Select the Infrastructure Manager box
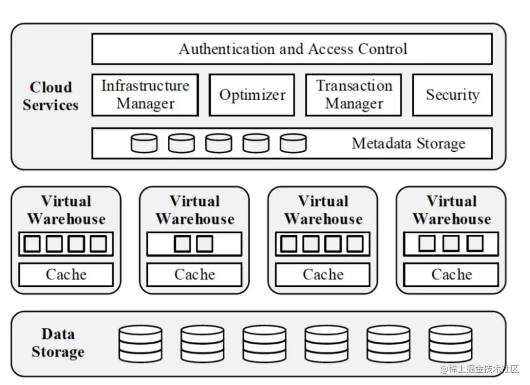pos(145,95)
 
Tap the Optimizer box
pos(252,95)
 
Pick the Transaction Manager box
pos(353,95)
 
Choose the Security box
pos(452,95)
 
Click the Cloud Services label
pos(51,96)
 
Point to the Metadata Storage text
pos(408,143)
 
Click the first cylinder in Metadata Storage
pos(144,143)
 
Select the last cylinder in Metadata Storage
pos(293,143)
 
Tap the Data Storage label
pos(58,343)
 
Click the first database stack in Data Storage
pos(140,343)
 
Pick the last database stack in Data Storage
pos(450,343)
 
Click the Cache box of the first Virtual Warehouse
pos(66,275)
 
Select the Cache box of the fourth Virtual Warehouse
pos(451,275)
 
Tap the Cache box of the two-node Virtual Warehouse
pos(194,275)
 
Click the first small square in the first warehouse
pos(32,244)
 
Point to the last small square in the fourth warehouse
pos(475,243)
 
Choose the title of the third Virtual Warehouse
pos(323,210)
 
